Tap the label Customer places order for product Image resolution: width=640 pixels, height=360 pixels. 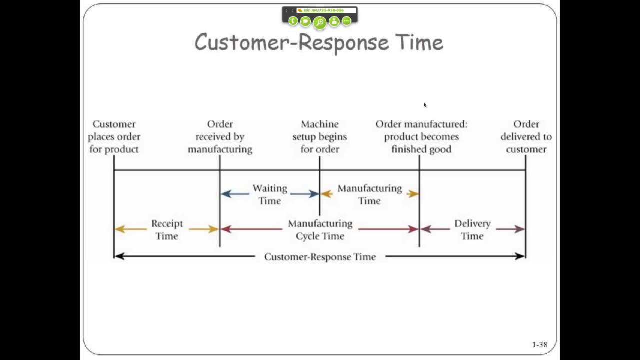[114, 136]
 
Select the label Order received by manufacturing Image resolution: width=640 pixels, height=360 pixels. [220, 136]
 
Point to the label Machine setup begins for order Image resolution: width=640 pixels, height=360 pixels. [319, 136]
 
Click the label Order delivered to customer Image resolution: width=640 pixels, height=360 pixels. [526, 136]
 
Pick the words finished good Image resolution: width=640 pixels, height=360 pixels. [421, 149]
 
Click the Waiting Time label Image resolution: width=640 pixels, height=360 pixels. [269, 194]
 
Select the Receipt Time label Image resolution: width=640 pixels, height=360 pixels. [167, 229]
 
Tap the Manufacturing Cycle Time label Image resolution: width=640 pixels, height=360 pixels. [320, 229]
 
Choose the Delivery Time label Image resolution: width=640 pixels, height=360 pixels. [472, 229]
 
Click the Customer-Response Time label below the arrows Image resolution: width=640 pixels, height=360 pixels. [320, 257]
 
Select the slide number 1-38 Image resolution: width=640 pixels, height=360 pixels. [539, 344]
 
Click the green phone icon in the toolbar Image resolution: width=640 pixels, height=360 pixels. [293, 21]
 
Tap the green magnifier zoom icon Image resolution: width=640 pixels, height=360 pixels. [319, 22]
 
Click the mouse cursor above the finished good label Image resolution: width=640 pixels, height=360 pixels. [425, 105]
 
